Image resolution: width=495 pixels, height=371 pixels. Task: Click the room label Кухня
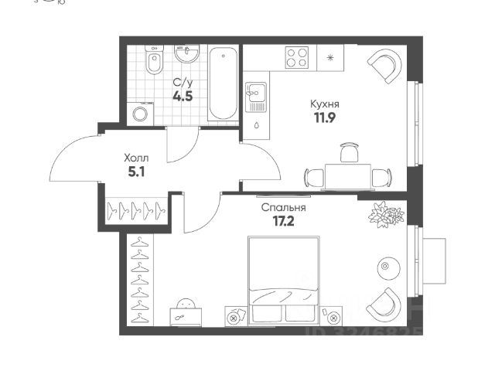(x=326, y=104)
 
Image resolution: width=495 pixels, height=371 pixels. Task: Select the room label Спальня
(x=283, y=208)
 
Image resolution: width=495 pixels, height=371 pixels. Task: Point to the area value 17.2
(x=283, y=222)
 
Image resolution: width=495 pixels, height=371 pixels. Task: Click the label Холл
(x=135, y=157)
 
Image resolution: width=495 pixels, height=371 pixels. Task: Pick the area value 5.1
(x=135, y=172)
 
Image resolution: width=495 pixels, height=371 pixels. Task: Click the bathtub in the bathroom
(x=224, y=83)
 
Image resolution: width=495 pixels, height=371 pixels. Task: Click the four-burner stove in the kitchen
(x=298, y=57)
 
